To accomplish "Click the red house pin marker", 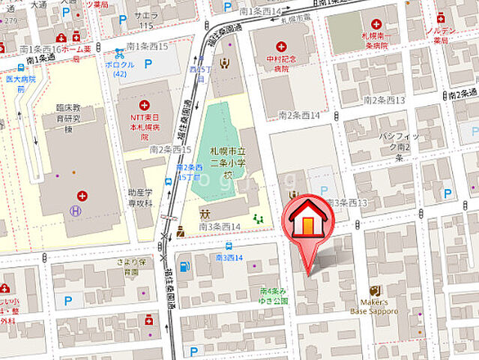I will [307, 217].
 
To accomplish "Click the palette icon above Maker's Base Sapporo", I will [375, 291].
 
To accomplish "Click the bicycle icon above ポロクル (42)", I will [120, 53].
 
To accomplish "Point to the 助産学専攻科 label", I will [139, 198].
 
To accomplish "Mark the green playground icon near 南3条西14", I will [259, 219].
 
